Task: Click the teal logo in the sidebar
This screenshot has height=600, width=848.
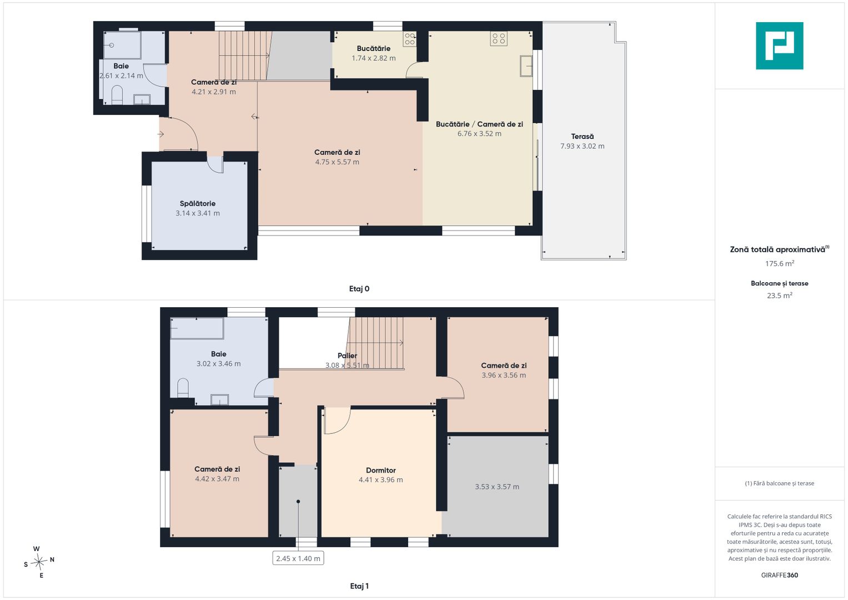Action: [x=780, y=46]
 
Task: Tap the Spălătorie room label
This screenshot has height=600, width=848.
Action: [x=198, y=203]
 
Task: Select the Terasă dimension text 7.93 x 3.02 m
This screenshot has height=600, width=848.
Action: [x=582, y=146]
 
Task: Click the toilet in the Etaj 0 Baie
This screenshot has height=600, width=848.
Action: [x=117, y=94]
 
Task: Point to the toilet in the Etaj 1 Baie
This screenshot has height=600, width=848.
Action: [x=183, y=388]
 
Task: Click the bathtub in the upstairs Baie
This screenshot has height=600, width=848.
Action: [x=197, y=328]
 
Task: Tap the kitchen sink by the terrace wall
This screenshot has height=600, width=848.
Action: [x=526, y=66]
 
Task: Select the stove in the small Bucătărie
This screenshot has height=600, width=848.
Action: [x=410, y=39]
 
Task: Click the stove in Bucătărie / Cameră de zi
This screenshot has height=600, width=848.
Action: [x=499, y=38]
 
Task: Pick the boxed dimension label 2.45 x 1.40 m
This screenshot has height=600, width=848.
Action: [x=298, y=558]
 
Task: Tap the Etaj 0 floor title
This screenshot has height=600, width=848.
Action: [x=359, y=289]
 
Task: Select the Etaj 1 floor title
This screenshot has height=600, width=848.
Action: [x=359, y=586]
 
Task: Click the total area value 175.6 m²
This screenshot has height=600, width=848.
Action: [x=780, y=263]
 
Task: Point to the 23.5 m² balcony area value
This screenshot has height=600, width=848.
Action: [x=780, y=296]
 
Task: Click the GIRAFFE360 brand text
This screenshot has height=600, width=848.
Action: [x=780, y=575]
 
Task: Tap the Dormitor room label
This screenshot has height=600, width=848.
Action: [x=381, y=470]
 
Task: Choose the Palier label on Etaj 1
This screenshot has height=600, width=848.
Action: [x=347, y=356]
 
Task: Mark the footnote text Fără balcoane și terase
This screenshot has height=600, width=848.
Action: [x=780, y=483]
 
